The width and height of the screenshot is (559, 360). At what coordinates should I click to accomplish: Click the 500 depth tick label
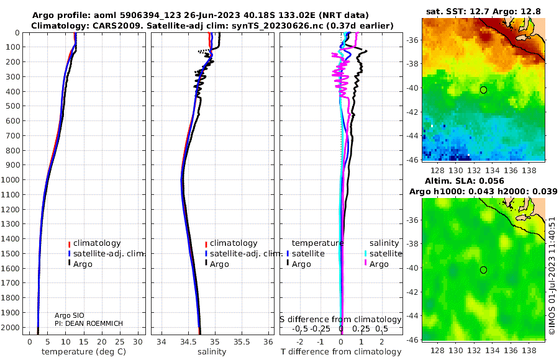coord(14,106)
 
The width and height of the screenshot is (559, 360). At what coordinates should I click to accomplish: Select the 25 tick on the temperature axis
coord(120,342)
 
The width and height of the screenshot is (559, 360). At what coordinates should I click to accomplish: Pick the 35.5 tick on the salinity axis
coord(242,342)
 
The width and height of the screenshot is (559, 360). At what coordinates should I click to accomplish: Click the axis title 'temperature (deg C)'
coord(84,352)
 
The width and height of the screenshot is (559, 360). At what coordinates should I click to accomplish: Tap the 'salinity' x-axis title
coord(212,352)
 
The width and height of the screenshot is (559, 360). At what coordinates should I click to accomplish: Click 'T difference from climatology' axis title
coord(341,352)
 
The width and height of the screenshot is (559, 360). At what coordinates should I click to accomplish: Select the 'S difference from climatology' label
coord(340,320)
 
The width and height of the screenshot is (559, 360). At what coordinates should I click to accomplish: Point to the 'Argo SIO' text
coord(70,315)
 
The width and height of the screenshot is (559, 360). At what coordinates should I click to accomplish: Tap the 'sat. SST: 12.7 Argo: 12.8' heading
coord(483,11)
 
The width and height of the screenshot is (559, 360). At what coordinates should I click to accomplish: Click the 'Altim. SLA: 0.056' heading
coord(464,181)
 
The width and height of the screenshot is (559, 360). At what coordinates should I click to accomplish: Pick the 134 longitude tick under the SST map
coord(493,171)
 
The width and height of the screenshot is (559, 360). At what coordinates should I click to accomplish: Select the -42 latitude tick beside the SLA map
coord(412,292)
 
